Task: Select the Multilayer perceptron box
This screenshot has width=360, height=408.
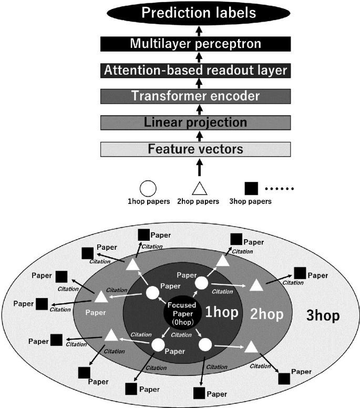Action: tap(195, 44)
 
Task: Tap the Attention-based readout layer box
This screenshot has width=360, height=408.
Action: tap(195, 70)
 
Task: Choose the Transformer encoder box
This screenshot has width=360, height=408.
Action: tap(195, 96)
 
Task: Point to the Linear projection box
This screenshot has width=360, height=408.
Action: tap(195, 123)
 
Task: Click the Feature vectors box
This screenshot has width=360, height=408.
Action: tap(195, 149)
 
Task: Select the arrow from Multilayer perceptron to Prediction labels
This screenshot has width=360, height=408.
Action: tap(199, 30)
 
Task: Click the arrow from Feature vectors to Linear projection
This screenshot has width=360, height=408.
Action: tap(199, 136)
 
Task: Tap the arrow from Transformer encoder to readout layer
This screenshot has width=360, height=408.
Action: tap(199, 83)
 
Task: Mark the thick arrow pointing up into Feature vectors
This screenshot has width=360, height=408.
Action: tap(199, 168)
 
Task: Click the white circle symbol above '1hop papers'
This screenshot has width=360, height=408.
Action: tap(149, 188)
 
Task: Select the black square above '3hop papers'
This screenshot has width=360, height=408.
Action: tap(252, 188)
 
